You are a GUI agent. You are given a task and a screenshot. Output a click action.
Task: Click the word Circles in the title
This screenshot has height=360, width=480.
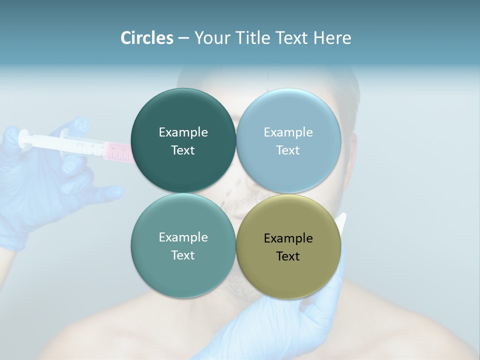point(147,38)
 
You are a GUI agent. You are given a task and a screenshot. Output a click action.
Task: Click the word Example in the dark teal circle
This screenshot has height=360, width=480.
point(183,132)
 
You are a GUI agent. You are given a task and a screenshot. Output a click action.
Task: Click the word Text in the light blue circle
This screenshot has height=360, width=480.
point(288,150)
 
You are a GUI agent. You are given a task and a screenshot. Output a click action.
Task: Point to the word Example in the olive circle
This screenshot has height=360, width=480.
point(288,238)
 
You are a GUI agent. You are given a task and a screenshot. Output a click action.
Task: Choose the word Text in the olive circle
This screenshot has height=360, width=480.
point(288,256)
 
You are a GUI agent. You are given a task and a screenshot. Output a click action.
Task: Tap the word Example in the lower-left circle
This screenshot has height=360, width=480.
point(183,237)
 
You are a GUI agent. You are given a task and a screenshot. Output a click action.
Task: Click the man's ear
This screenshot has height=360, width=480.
point(353,150)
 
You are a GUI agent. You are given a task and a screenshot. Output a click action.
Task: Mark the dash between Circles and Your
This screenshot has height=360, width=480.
point(183,38)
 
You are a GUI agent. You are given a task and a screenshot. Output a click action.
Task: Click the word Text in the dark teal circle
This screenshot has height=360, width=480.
point(183,150)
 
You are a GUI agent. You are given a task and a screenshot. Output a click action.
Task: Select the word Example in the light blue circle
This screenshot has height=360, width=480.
point(288,132)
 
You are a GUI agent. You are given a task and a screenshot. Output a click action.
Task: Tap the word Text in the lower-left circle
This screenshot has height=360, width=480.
point(183,255)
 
